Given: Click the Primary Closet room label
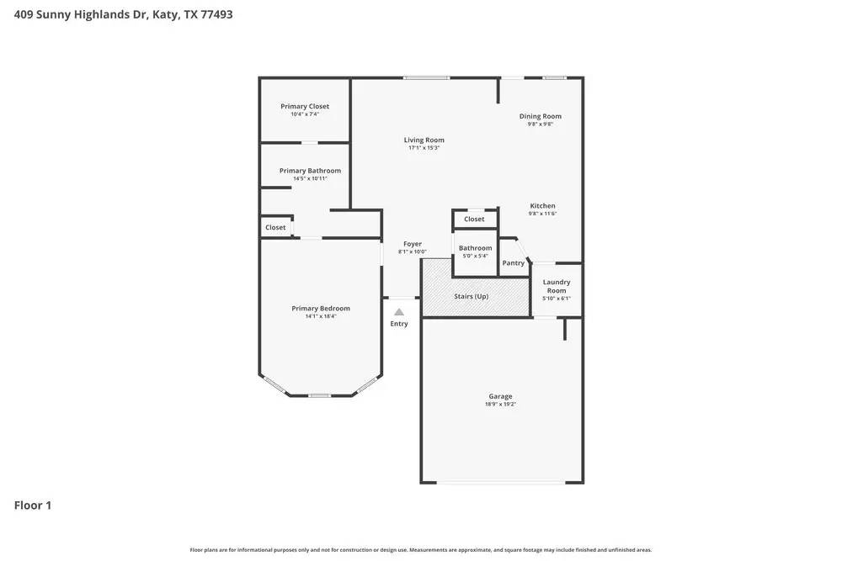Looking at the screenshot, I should [x=305, y=107].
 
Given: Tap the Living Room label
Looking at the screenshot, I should [x=424, y=140].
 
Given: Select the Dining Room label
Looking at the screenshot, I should [x=540, y=117].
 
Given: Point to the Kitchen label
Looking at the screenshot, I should [x=542, y=206].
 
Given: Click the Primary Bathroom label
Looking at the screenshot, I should [x=310, y=171].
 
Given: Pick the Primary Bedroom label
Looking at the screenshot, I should [x=320, y=309].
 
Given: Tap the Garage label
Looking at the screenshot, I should [x=500, y=396].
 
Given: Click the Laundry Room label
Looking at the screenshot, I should [x=557, y=286].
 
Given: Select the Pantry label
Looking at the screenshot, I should [x=513, y=263].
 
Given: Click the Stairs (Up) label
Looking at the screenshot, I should [x=471, y=296].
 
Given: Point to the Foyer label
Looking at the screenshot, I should [x=412, y=244].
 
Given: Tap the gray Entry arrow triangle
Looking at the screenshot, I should [x=399, y=312].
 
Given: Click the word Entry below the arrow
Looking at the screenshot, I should [x=399, y=324].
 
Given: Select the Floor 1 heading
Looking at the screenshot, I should [x=33, y=505].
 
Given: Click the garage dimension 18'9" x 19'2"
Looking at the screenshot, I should [x=500, y=405].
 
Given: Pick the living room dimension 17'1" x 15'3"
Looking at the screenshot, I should [x=424, y=148].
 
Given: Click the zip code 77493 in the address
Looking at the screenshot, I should [x=216, y=14].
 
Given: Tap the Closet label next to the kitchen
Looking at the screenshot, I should [x=474, y=220].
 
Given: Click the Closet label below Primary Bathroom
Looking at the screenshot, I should [x=275, y=228].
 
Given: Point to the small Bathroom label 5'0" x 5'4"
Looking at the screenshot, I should [x=475, y=248].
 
